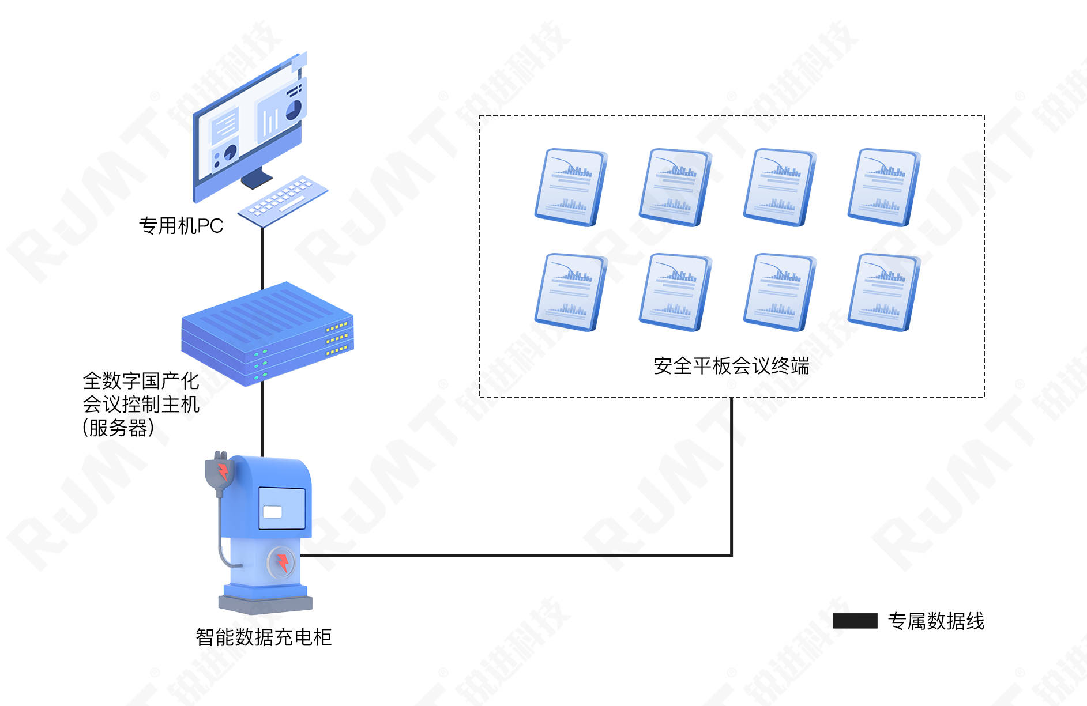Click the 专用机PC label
[181, 226]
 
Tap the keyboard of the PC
[283, 201]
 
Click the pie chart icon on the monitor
[294, 110]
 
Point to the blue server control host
[268, 334]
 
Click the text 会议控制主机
[141, 404]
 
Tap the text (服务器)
[118, 428]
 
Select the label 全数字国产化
[141, 380]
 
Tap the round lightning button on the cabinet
[281, 562]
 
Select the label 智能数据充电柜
[264, 637]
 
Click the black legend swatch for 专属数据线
[855, 621]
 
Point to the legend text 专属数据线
[936, 621]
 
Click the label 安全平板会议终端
[732, 366]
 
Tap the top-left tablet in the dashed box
[571, 187]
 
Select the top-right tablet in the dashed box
[884, 187]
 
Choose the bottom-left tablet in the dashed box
[571, 292]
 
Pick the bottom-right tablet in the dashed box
[884, 292]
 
